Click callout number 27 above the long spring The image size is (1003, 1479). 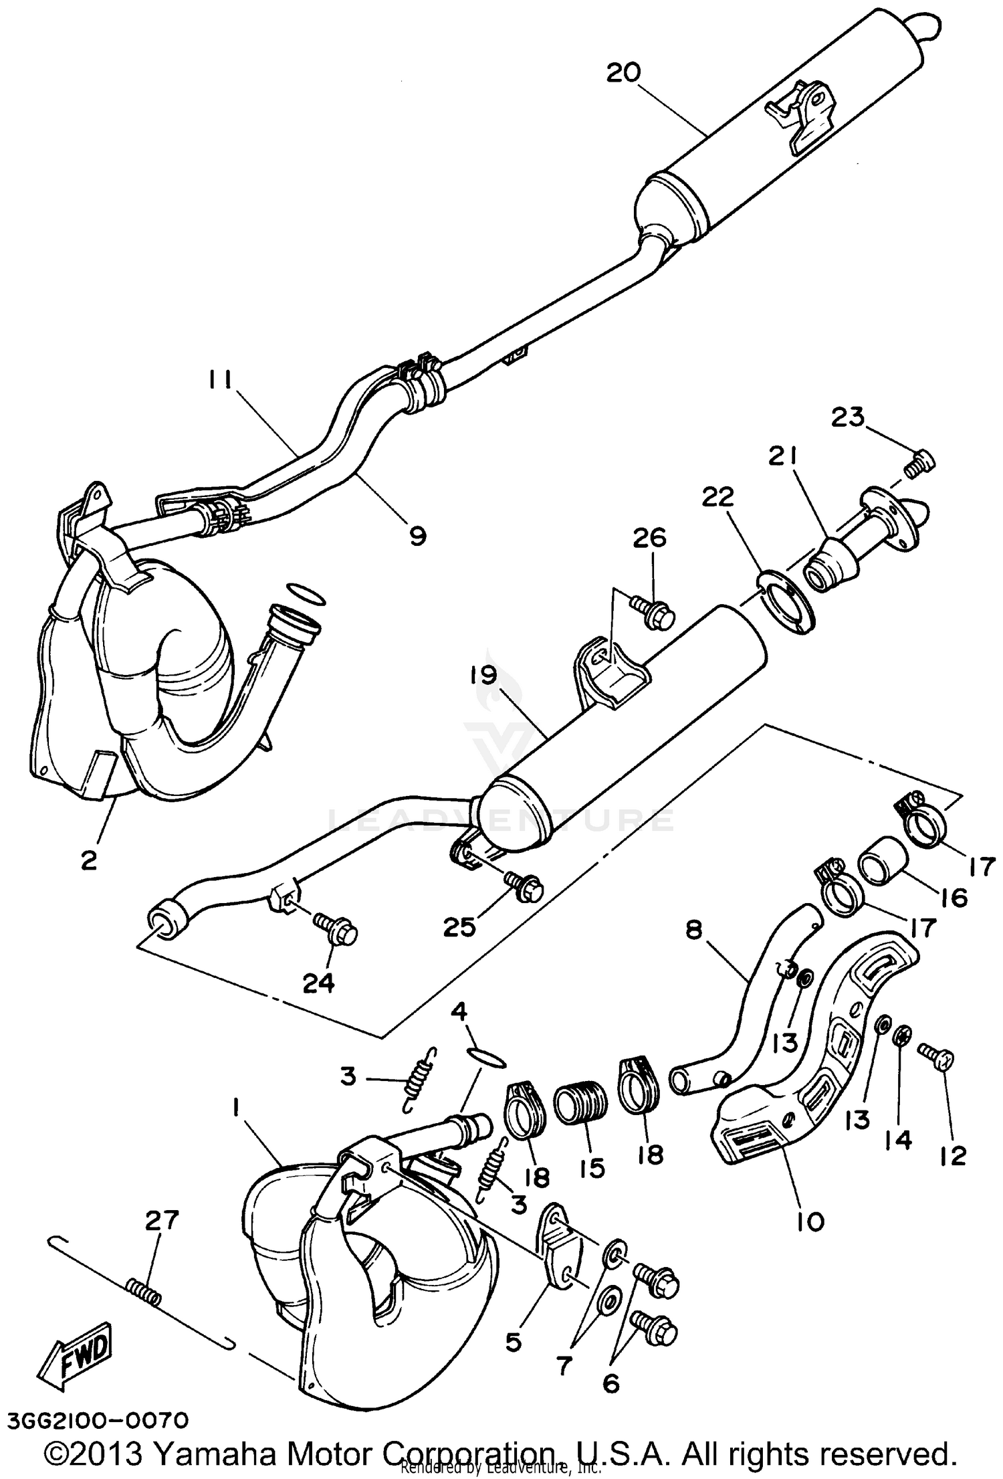[x=162, y=1220]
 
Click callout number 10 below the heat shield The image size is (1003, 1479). [x=810, y=1221]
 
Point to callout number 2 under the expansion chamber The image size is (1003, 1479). [x=88, y=860]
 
